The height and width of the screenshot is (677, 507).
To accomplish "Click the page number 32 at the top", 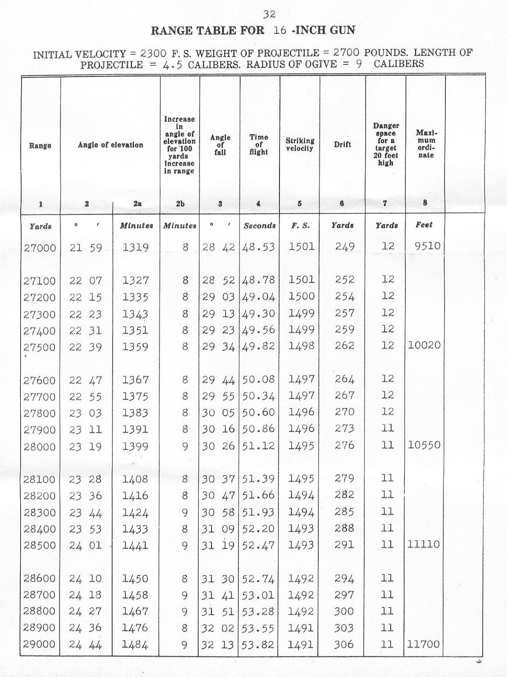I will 270,14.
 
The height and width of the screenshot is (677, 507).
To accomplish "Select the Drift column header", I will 342,144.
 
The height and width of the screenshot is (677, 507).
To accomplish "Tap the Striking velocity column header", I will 299,144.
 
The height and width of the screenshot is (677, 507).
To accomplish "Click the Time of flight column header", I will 259,144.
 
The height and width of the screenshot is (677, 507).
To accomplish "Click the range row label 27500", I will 40,347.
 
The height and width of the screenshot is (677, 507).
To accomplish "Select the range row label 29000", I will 40,645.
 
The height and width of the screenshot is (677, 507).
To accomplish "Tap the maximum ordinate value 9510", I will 427,246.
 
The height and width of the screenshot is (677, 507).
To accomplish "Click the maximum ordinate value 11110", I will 423,545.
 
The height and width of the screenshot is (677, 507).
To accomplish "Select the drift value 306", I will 344,645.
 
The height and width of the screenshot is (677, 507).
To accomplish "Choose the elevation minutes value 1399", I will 136,446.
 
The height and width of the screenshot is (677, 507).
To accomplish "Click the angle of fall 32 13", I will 219,645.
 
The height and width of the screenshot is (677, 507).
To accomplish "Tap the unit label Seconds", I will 260,226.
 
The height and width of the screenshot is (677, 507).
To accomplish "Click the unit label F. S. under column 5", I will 300,226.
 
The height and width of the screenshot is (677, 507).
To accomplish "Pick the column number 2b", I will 180,204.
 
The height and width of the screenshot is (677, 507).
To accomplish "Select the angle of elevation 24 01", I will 85,546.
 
